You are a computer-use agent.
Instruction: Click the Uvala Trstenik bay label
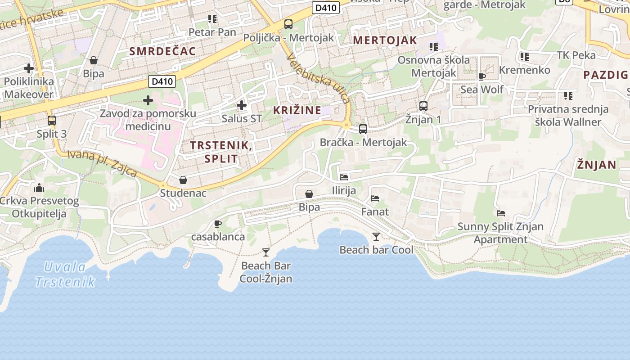click(65, 274)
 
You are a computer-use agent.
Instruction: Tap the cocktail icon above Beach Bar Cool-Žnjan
click(266, 252)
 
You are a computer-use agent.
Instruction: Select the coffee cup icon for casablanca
click(218, 224)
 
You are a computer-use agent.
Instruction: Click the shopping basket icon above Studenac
click(183, 180)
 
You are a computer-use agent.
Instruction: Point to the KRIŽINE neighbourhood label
click(297, 110)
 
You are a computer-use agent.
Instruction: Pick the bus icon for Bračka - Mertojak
click(363, 129)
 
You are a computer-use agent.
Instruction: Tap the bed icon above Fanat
click(375, 198)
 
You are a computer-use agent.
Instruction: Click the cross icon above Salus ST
click(242, 106)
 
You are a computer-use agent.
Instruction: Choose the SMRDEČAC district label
click(163, 51)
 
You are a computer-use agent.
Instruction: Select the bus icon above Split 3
click(52, 121)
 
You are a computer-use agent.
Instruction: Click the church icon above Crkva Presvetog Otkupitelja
click(39, 188)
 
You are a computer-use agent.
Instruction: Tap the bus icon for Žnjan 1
click(423, 106)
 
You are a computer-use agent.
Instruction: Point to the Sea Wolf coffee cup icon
click(482, 76)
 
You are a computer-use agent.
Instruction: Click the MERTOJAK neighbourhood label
click(385, 40)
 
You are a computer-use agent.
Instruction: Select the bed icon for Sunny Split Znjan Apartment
click(501, 213)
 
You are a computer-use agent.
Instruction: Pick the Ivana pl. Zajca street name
click(102, 163)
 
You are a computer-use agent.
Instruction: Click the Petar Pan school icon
click(212, 19)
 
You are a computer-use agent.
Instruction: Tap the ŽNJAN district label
click(597, 165)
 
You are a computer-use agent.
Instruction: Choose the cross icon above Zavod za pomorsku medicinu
click(148, 100)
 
